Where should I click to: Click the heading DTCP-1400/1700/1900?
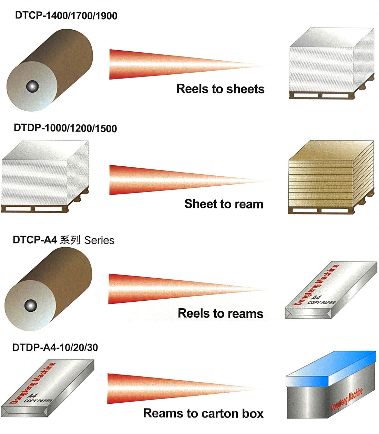click(x=66, y=16)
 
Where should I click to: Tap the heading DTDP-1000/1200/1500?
click(x=65, y=128)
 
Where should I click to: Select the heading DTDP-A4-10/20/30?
click(x=55, y=348)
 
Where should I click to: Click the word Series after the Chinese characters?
click(x=99, y=240)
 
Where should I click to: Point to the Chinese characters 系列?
click(x=70, y=240)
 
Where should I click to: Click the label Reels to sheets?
click(x=221, y=89)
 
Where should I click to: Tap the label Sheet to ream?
click(x=224, y=204)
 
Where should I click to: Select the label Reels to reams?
click(x=221, y=313)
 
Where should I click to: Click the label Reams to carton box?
click(x=203, y=413)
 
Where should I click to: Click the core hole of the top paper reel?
click(x=32, y=86)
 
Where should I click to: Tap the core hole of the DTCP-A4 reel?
click(x=31, y=306)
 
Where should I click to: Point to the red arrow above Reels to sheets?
click(x=189, y=64)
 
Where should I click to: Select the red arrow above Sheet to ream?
click(x=189, y=180)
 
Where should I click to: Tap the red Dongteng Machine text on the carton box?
click(x=347, y=400)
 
